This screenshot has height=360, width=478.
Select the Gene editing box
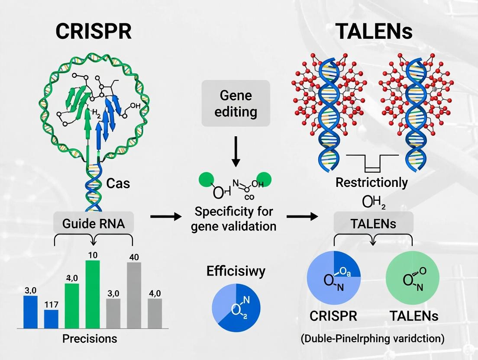(236, 103)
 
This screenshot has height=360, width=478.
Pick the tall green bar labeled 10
(93, 294)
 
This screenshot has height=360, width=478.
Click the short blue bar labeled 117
(51, 319)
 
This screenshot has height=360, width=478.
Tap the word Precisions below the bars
(90, 338)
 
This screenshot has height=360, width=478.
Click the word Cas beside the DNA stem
(118, 183)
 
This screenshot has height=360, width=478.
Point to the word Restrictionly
(371, 182)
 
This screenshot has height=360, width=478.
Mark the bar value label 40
(134, 257)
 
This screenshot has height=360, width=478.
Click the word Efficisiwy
(236, 272)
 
